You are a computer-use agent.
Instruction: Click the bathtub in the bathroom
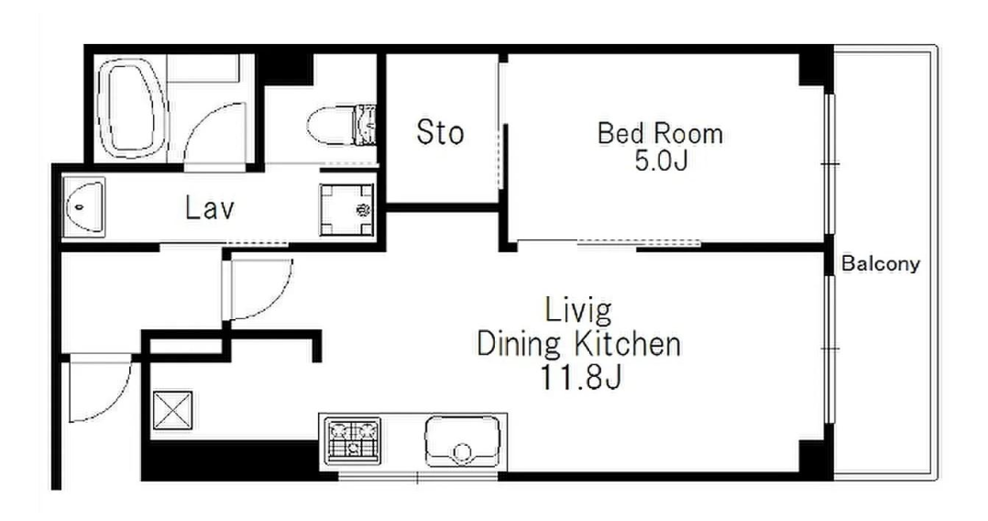pos(130,108)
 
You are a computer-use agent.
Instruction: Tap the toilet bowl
pos(330,125)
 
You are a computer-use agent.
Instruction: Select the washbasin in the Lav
pos(83,206)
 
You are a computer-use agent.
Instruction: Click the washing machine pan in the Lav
pos(346,209)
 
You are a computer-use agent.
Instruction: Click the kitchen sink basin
pos(463,440)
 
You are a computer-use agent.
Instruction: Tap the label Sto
pos(440,132)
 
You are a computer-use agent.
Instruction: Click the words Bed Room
pos(660,134)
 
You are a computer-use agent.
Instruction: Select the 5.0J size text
pos(660,161)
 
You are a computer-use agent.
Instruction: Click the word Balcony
pos(880,263)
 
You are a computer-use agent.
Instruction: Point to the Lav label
pos(210,207)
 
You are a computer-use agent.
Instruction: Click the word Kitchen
pos(628,344)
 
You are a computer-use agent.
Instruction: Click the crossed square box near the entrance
pos(172,410)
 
